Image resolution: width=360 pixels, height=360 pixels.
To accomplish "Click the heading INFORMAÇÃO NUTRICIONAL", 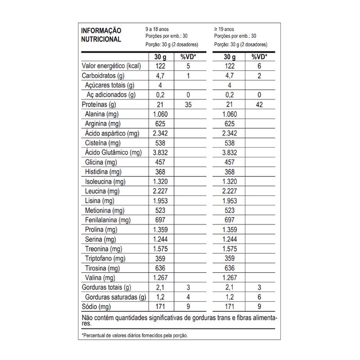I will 101,35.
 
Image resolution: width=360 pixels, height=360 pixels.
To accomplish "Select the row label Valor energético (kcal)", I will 111,66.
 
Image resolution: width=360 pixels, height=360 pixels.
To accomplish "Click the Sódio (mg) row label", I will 96,307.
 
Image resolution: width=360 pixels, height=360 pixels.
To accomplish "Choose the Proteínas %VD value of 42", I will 257,104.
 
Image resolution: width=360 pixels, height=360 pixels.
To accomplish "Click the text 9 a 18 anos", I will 158,28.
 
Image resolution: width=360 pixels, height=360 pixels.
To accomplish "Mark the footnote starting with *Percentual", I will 135,335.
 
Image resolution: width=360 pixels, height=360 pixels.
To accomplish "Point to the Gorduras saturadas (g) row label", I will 115,297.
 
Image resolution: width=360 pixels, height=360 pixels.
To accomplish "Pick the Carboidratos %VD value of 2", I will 257,76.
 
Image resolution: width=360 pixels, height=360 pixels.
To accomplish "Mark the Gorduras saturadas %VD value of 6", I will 257,297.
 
